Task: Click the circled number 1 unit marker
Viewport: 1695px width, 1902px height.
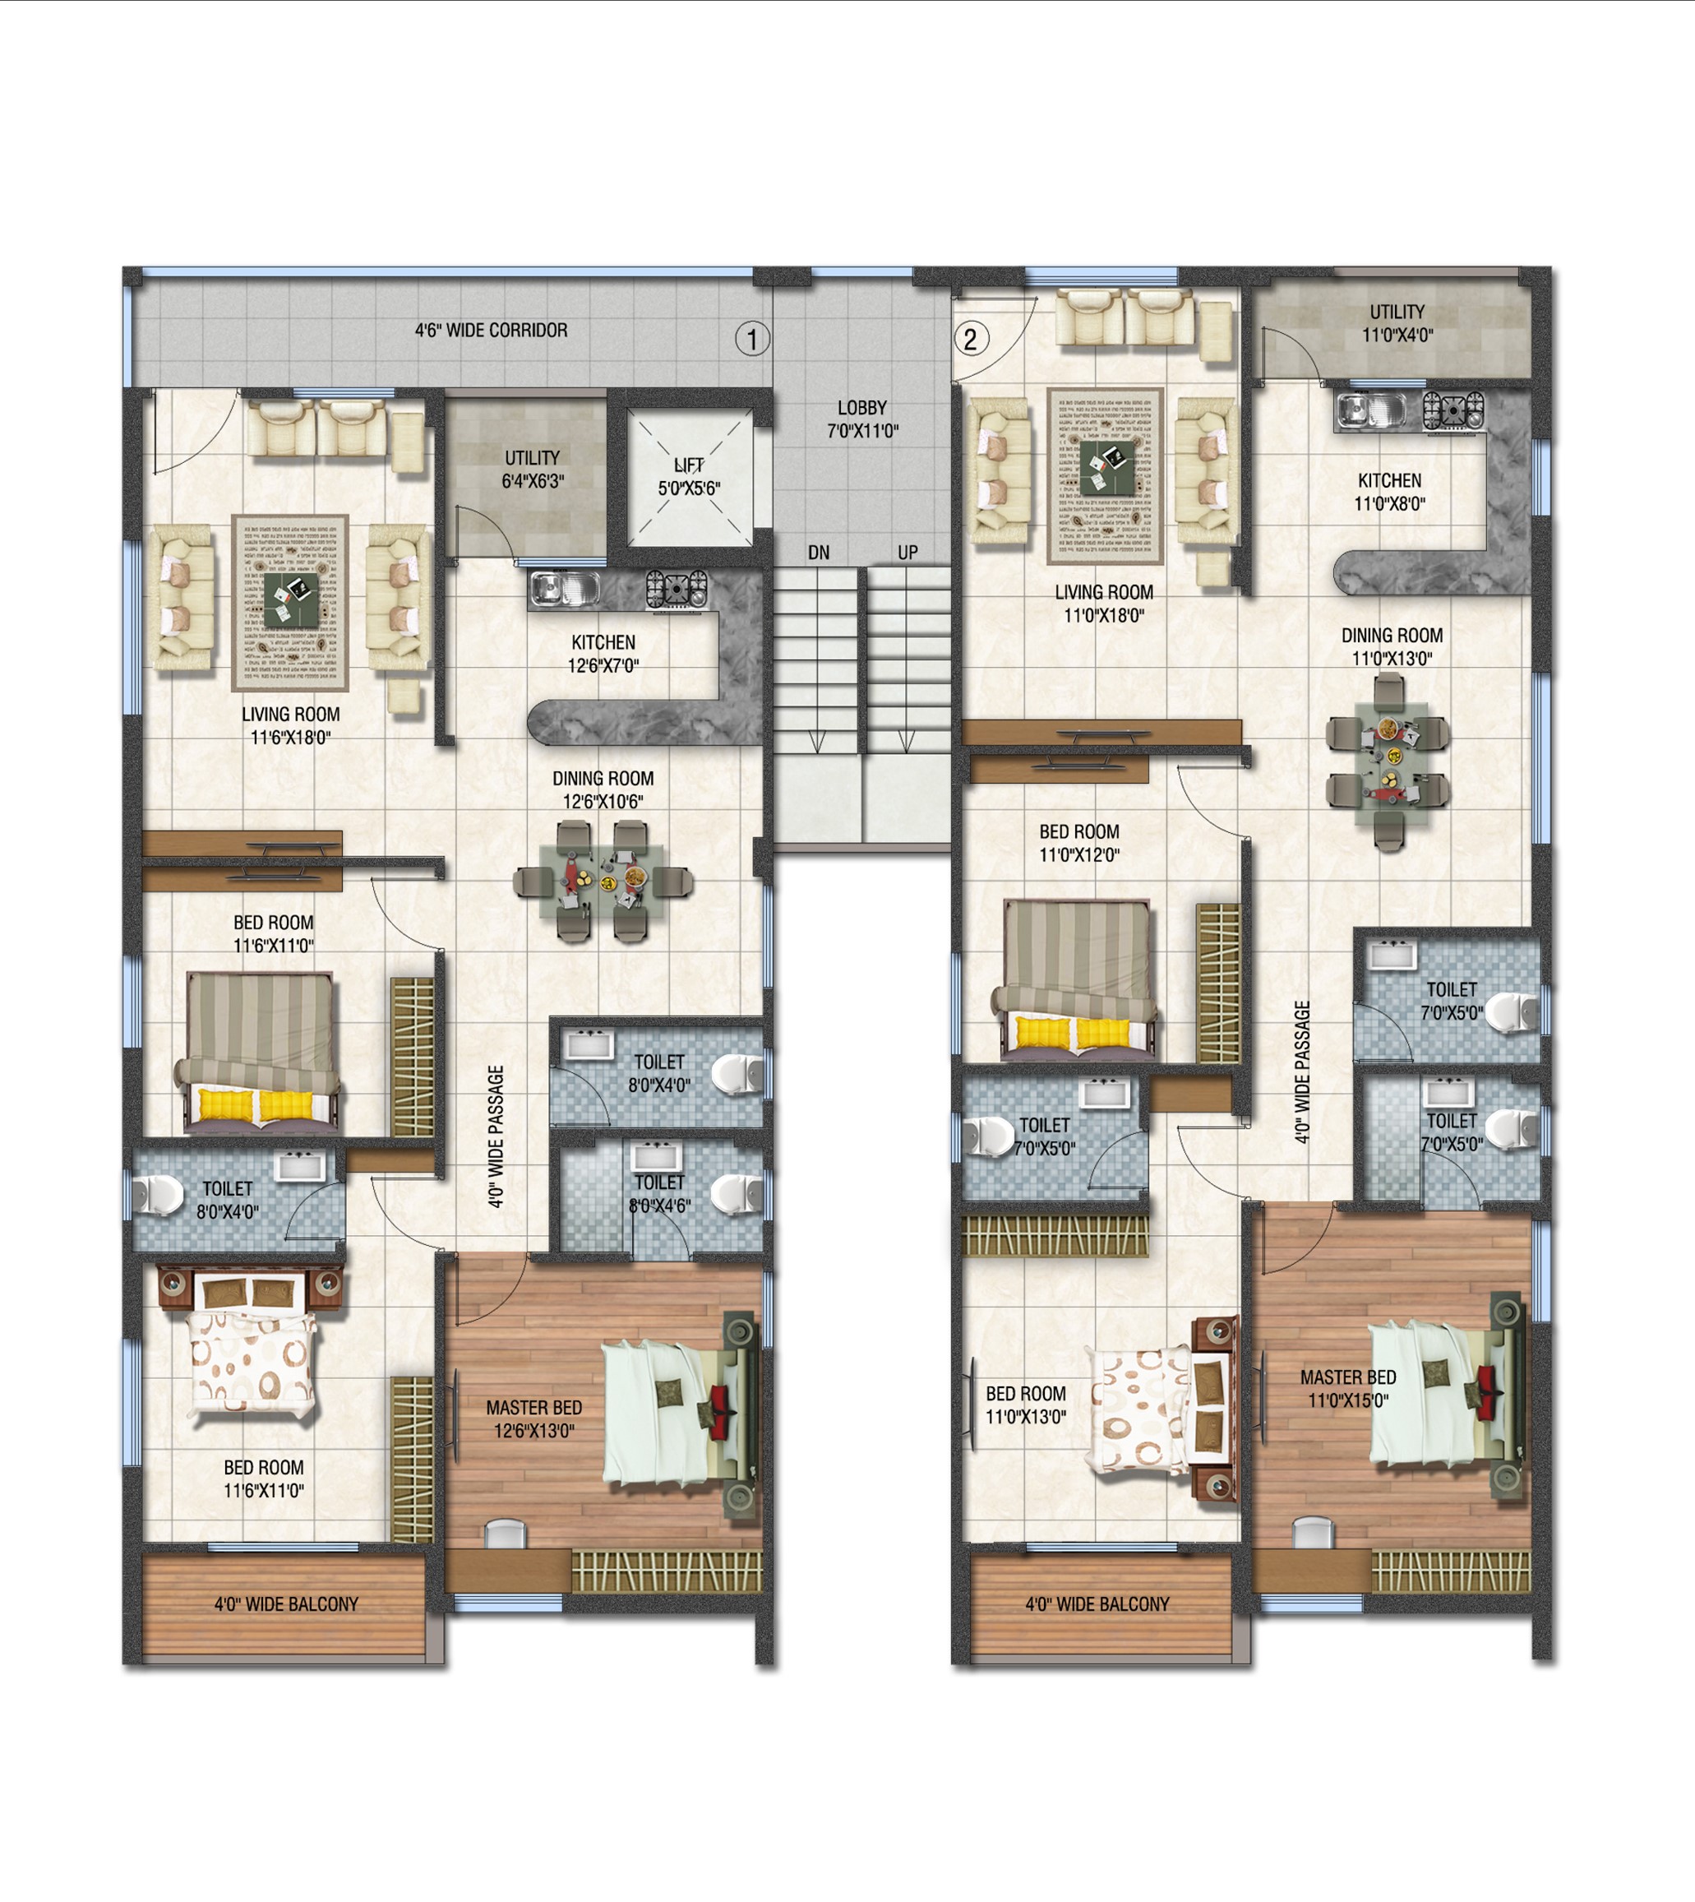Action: tap(752, 339)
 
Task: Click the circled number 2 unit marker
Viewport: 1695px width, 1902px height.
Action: tap(971, 339)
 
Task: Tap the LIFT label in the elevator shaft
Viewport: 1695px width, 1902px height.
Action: tap(689, 465)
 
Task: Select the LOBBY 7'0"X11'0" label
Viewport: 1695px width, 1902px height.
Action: tap(862, 419)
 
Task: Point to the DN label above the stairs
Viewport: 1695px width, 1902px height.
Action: tap(819, 553)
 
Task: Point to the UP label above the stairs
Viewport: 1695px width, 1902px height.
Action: tap(908, 553)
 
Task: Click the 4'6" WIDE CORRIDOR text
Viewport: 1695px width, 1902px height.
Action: tap(491, 330)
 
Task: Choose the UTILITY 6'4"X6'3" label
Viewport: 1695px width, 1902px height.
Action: tap(533, 470)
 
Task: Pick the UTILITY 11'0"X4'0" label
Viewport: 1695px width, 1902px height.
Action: tap(1397, 323)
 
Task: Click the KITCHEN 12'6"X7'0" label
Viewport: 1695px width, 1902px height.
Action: tap(603, 654)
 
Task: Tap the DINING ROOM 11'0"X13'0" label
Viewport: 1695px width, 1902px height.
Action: tap(1392, 646)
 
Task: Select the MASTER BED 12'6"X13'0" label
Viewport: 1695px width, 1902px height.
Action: tap(533, 1418)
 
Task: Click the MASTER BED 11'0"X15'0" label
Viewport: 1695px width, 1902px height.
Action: tap(1349, 1388)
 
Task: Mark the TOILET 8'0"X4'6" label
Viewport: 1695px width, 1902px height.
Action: tap(659, 1193)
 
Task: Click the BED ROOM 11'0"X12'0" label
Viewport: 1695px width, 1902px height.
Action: tap(1079, 843)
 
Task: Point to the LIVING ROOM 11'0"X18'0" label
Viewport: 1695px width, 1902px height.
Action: tap(1104, 604)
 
